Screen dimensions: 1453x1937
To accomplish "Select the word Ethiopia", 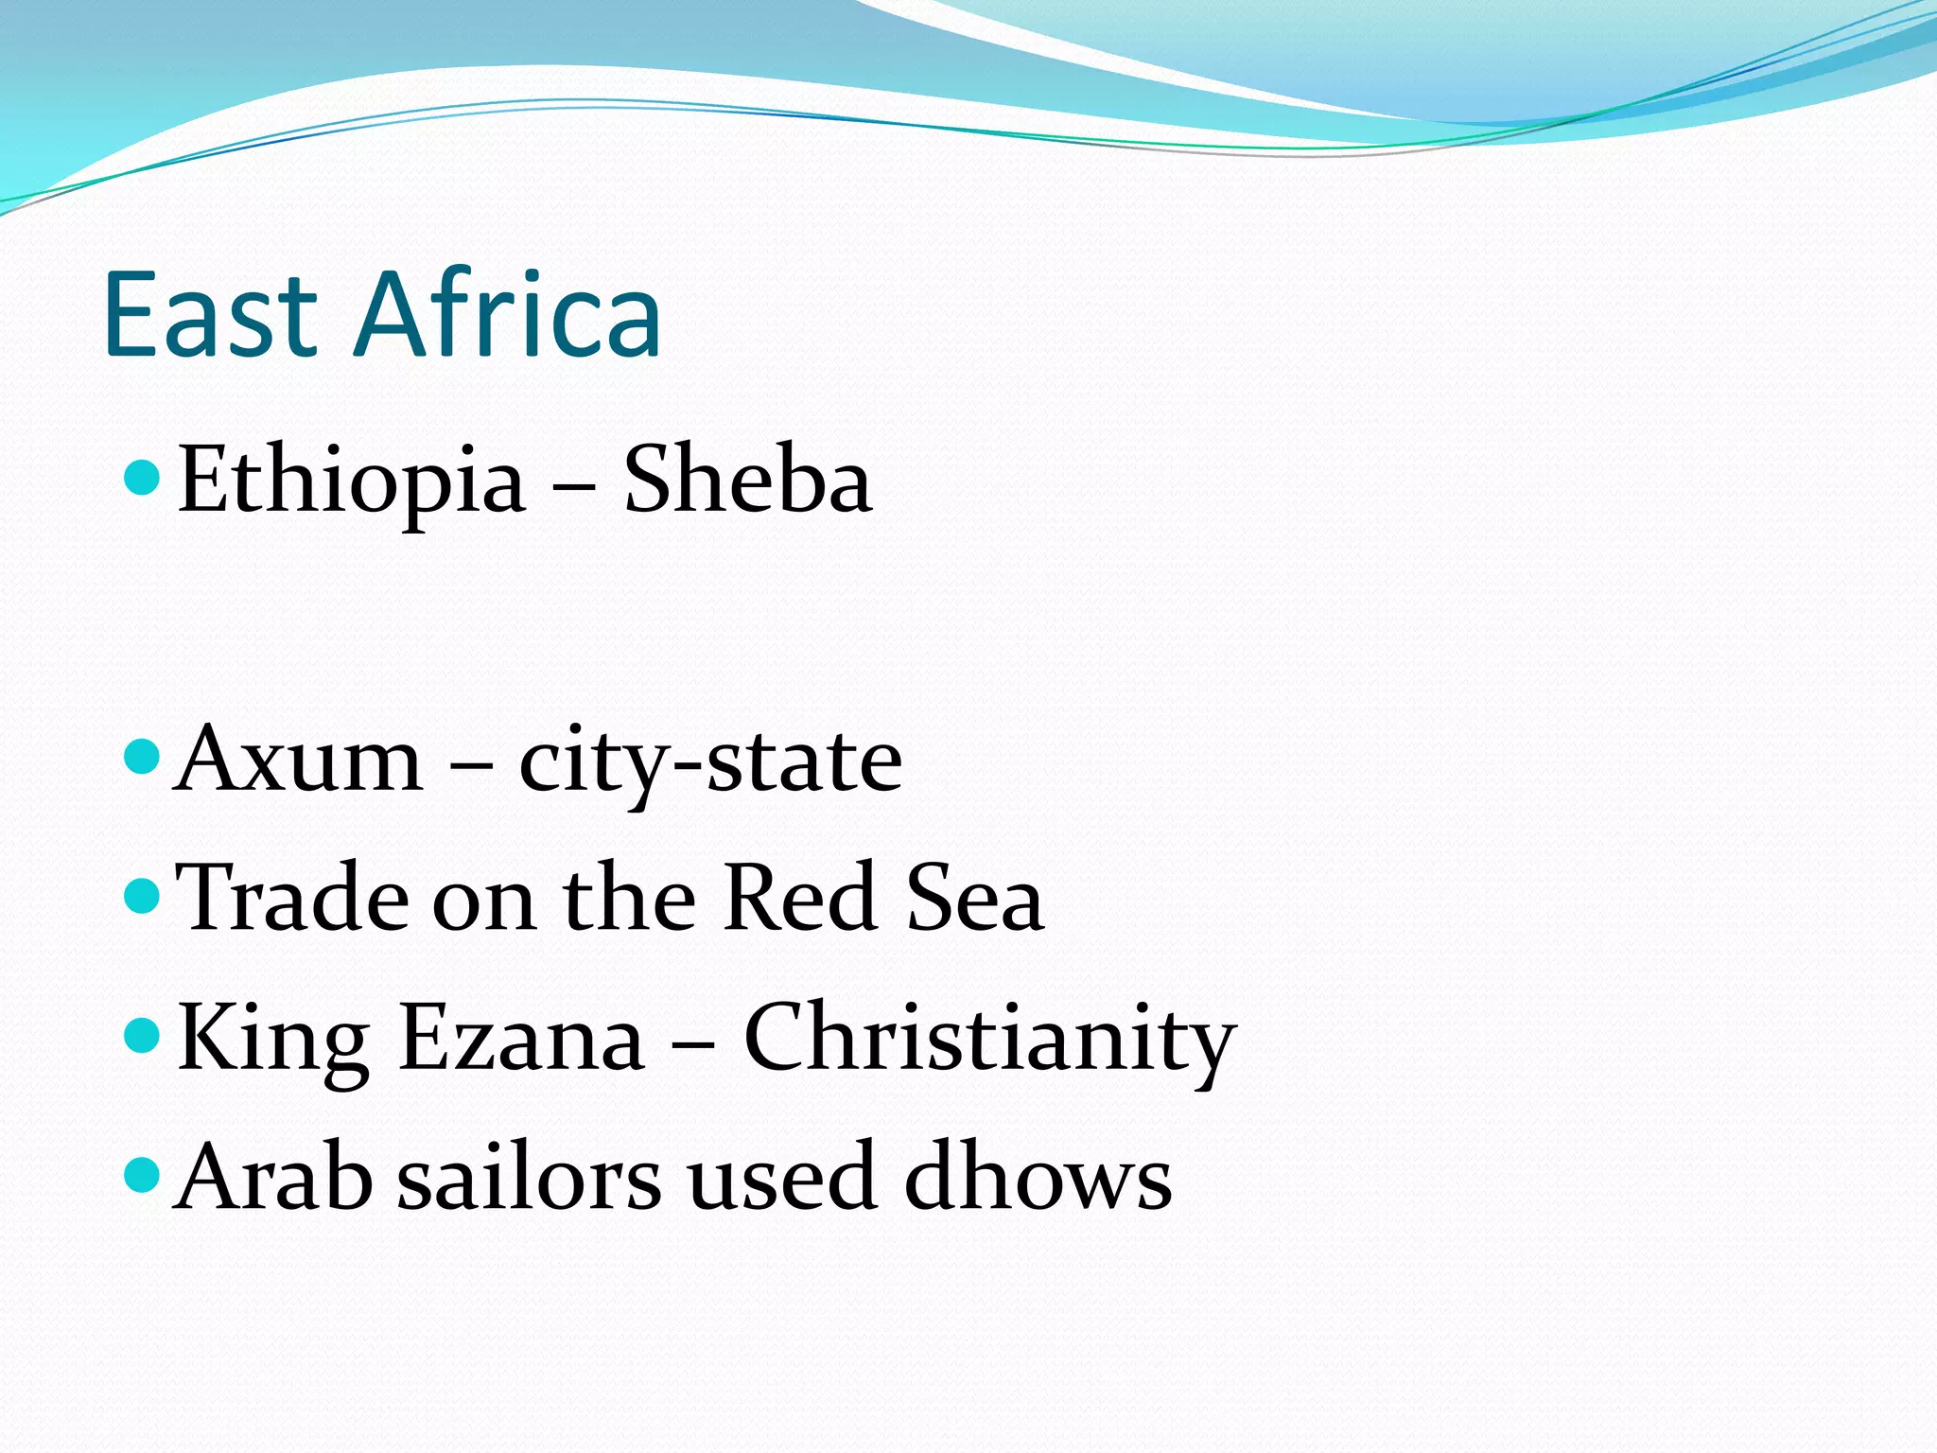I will (351, 481).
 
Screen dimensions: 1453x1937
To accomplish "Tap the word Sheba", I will (747, 481).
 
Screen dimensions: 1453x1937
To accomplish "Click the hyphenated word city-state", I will (710, 762).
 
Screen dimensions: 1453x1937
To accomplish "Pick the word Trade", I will (293, 898).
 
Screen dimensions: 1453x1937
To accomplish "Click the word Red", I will (799, 898).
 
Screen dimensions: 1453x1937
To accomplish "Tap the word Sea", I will (974, 898).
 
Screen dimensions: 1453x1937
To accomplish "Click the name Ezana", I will (521, 1038).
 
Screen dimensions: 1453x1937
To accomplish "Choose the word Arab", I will (274, 1177).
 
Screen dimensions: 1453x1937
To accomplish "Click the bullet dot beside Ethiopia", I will (143, 479).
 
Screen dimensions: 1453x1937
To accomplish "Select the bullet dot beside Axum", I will (143, 758).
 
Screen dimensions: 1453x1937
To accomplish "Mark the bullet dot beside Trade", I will (143, 895).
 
